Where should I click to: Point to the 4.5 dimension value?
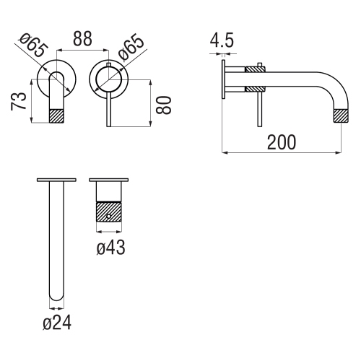pyautogui.click(x=222, y=42)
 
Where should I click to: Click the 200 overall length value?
pyautogui.click(x=281, y=142)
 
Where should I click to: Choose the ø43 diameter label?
pyautogui.click(x=110, y=248)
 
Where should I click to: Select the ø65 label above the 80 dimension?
pyautogui.click(x=132, y=49)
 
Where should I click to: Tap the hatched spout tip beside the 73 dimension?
pyautogui.click(x=56, y=116)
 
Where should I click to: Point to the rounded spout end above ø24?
pyautogui.click(x=55, y=296)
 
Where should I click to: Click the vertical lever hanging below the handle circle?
pyautogui.click(x=108, y=108)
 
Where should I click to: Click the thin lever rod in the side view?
pyautogui.click(x=256, y=108)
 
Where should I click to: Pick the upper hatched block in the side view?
pyautogui.click(x=256, y=70)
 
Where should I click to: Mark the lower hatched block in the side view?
pyautogui.click(x=256, y=89)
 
